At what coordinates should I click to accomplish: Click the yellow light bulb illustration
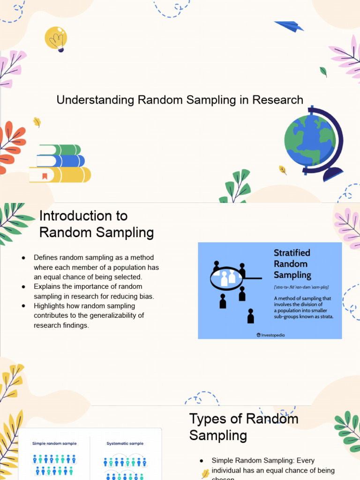(x=56, y=38)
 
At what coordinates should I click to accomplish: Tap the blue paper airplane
(x=289, y=26)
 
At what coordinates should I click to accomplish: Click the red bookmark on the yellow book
(x=45, y=176)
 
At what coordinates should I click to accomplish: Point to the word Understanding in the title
(x=95, y=100)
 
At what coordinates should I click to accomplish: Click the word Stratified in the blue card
(x=292, y=253)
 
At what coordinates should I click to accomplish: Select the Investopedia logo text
(x=272, y=335)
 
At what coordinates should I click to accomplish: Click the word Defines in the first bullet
(x=45, y=257)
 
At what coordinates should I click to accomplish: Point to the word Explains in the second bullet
(x=46, y=286)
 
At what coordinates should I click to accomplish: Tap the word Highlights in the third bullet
(x=49, y=306)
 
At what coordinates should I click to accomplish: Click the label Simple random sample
(x=54, y=443)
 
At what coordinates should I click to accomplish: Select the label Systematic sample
(x=125, y=443)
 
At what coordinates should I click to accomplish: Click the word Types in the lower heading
(x=209, y=419)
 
